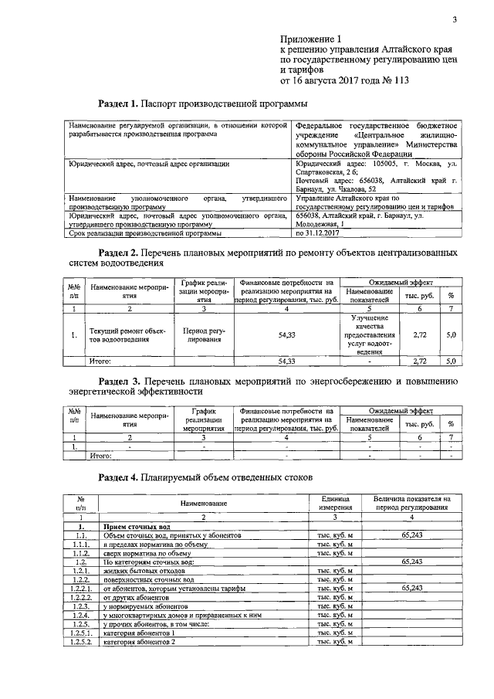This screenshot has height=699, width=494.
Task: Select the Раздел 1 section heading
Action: coord(203,103)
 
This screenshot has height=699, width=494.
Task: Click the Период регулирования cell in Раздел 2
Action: coord(202,334)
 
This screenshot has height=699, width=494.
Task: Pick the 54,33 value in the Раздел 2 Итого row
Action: coord(286,361)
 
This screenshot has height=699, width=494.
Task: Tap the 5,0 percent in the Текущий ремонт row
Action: coord(452,334)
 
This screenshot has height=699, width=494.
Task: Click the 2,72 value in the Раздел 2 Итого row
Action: coord(421,361)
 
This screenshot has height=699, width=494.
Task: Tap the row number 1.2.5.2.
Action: coord(80,642)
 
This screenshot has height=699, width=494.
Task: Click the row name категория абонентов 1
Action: coord(139,633)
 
